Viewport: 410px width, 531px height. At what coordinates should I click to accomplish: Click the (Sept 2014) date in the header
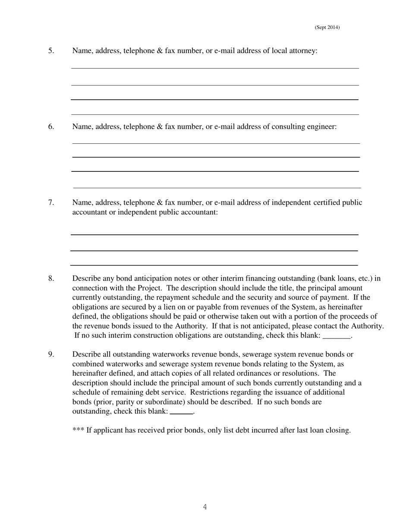327,27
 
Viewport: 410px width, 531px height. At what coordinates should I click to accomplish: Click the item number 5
51,51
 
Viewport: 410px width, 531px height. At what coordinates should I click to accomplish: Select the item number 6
51,126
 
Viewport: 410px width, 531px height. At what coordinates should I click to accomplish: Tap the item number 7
51,202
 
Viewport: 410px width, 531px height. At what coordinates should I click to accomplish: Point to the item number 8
51,278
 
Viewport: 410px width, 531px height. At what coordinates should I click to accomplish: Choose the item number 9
51,354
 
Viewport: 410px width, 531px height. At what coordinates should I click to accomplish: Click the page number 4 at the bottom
205,507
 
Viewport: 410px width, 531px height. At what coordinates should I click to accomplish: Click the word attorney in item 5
302,51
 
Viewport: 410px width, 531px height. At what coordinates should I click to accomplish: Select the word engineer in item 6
321,126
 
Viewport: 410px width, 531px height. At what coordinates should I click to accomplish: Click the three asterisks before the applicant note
78,430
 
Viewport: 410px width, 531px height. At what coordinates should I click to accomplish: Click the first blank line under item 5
215,68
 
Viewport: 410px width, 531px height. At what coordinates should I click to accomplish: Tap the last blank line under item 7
214,265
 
